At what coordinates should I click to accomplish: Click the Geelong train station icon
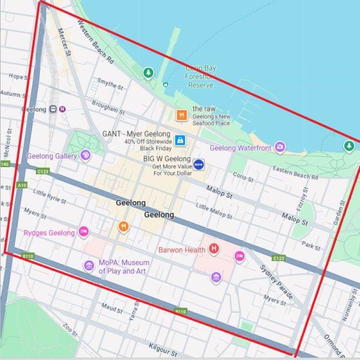pyautogui.click(x=53, y=109)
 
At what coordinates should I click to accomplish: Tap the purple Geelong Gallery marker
pyautogui.click(x=86, y=156)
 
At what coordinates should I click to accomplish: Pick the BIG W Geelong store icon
pyautogui.click(x=199, y=164)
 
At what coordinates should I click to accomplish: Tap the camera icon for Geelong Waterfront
pyautogui.click(x=280, y=147)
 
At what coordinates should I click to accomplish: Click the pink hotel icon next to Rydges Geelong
pyautogui.click(x=84, y=232)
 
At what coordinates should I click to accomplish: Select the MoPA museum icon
pyautogui.click(x=89, y=266)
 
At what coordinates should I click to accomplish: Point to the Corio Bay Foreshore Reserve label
pyautogui.click(x=201, y=77)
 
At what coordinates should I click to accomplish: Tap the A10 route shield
pyautogui.click(x=22, y=185)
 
